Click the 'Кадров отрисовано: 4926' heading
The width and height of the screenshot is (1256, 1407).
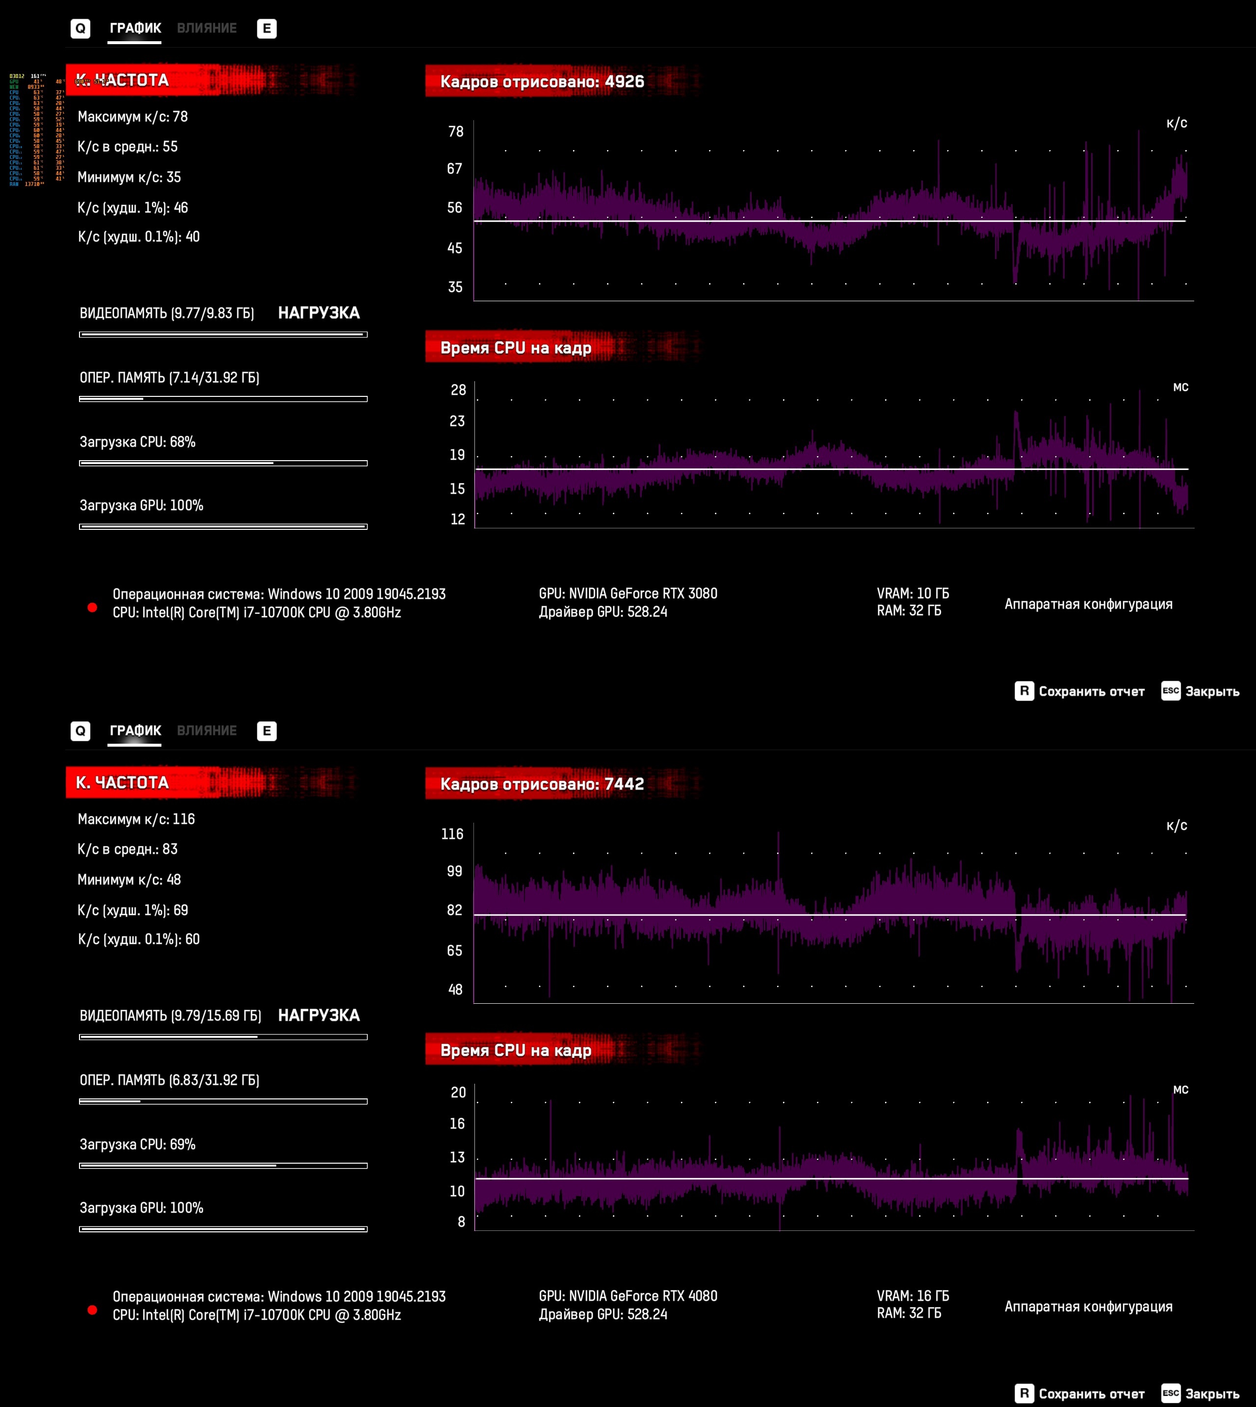[542, 81]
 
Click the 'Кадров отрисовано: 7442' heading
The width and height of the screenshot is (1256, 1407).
[542, 784]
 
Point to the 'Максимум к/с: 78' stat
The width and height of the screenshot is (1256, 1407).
[132, 117]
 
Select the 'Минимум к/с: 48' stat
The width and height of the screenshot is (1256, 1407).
[129, 880]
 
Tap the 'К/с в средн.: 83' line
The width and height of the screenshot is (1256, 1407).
[128, 849]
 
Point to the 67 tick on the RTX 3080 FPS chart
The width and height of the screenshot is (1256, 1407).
[454, 169]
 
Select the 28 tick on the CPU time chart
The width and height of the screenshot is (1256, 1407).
[458, 390]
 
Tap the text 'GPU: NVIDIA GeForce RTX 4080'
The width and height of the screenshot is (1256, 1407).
[628, 1296]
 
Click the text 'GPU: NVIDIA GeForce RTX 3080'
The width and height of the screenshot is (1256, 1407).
[628, 594]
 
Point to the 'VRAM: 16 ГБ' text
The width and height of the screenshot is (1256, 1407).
[913, 1296]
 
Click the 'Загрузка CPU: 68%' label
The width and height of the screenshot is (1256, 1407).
[137, 442]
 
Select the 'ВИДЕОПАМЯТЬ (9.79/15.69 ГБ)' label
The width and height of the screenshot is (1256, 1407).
[170, 1016]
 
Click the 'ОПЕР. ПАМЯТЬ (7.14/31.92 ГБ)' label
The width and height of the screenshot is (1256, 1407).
[169, 377]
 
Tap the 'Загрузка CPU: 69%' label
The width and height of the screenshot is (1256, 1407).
[137, 1144]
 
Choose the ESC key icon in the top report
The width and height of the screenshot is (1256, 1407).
[1171, 691]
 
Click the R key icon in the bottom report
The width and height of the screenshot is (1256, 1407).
[1024, 1393]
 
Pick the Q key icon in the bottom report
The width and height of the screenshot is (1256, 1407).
[80, 731]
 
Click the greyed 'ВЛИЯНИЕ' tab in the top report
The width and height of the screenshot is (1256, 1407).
[207, 28]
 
